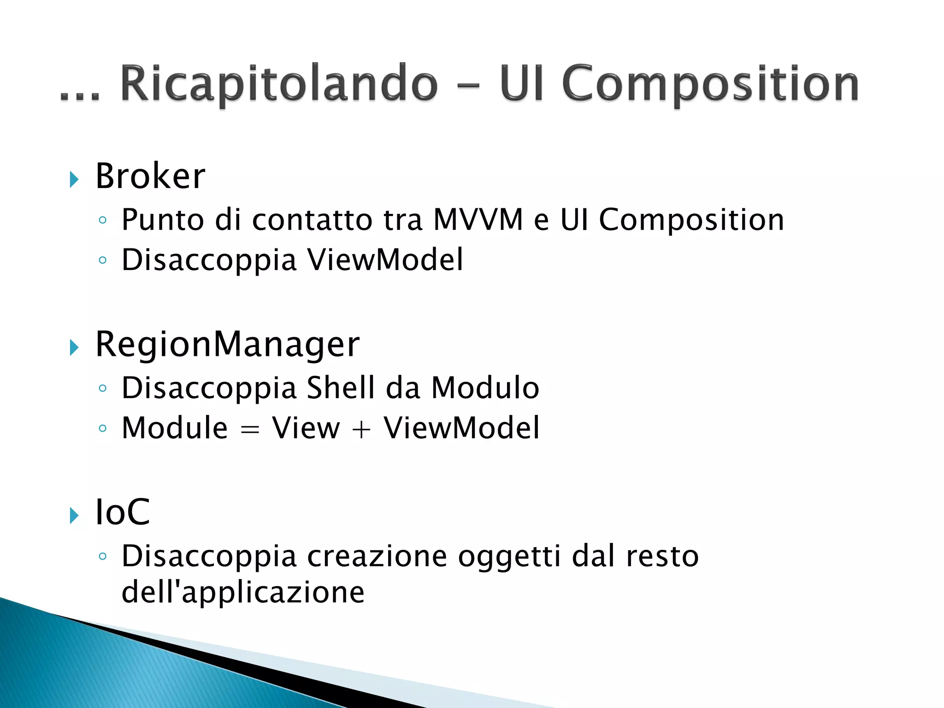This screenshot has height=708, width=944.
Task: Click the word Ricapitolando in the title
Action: (278, 84)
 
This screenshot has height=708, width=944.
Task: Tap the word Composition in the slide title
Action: (710, 84)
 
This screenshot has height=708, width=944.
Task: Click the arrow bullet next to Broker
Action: (74, 179)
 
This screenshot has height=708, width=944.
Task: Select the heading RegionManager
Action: (227, 344)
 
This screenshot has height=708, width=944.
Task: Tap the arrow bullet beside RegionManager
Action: (74, 347)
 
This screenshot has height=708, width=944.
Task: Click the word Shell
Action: (341, 388)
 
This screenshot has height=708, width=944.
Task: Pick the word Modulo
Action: (485, 388)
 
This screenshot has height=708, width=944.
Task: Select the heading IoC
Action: (122, 512)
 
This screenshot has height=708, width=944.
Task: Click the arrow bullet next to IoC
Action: (74, 515)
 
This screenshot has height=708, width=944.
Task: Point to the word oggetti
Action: (509, 556)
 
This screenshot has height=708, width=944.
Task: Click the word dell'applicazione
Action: (242, 592)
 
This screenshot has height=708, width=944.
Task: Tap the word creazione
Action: (377, 556)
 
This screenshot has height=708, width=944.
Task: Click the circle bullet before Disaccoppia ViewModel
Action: (103, 260)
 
